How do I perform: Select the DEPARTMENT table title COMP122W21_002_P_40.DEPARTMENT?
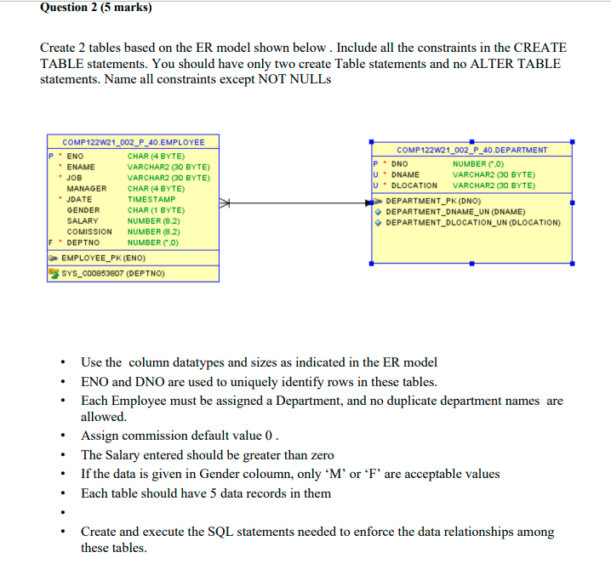471,151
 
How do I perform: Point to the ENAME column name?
82,168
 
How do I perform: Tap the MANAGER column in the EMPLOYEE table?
87,189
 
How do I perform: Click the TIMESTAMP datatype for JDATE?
151,199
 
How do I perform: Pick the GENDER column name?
83,210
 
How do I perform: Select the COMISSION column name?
89,231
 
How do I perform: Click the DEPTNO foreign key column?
85,242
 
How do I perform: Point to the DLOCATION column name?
414,185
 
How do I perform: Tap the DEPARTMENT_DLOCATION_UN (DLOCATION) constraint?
473,223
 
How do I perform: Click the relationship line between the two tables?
298,202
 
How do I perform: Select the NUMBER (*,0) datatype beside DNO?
482,163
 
